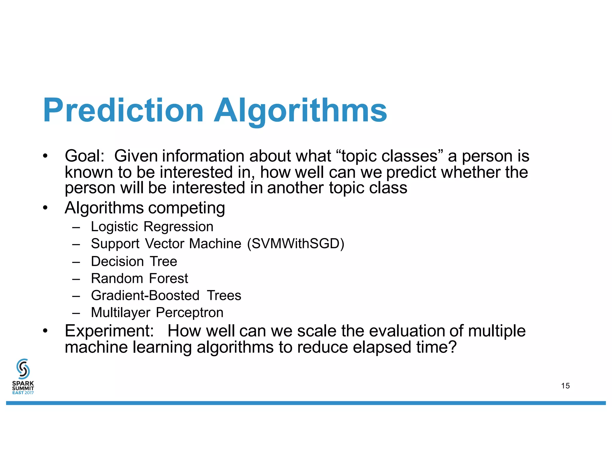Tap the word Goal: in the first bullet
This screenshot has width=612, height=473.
click(85, 156)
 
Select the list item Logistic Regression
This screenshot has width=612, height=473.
click(152, 227)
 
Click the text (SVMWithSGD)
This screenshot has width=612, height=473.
click(296, 244)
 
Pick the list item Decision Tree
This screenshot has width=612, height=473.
click(134, 261)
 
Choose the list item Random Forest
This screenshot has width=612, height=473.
click(139, 278)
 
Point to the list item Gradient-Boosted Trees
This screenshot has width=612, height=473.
click(166, 295)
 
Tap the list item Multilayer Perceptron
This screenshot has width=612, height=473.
click(157, 312)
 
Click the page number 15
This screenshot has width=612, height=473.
click(565, 386)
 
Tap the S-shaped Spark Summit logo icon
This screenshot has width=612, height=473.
click(23, 368)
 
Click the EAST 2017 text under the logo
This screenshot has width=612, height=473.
click(23, 393)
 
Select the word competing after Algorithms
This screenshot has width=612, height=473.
click(186, 208)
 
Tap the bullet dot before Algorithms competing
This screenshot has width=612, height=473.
click(45, 207)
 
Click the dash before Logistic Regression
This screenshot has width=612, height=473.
click(76, 227)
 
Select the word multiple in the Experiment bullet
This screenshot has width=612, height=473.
click(496, 331)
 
